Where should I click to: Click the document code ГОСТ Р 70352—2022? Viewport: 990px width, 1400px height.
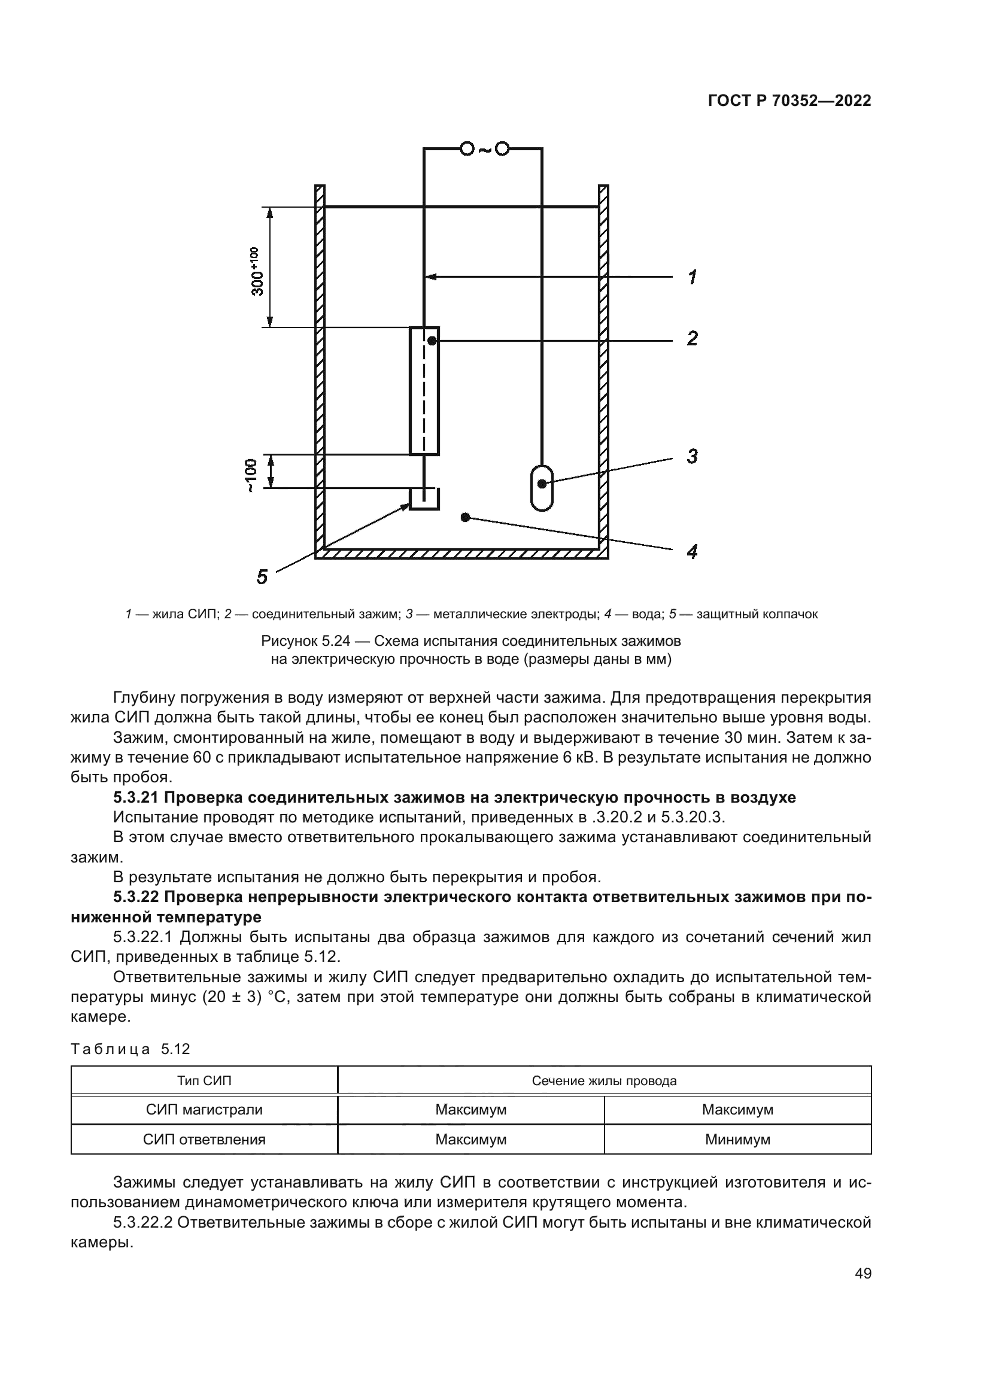coord(789,101)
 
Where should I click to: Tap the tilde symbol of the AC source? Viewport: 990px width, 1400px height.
coord(484,149)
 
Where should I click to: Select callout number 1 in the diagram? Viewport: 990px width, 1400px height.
coord(692,278)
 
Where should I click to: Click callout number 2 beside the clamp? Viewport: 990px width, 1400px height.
coord(692,338)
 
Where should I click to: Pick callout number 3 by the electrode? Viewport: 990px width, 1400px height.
coord(692,456)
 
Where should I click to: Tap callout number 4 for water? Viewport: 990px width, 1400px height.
coord(692,552)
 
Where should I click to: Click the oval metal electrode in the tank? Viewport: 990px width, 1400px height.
coord(541,487)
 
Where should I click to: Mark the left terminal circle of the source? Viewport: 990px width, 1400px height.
coord(466,149)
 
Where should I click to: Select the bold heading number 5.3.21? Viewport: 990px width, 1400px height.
coord(136,797)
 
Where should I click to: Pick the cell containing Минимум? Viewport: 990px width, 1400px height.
coord(737,1139)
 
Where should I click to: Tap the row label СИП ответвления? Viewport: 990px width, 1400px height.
coord(204,1139)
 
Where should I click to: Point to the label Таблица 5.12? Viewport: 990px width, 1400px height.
coord(130,1049)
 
